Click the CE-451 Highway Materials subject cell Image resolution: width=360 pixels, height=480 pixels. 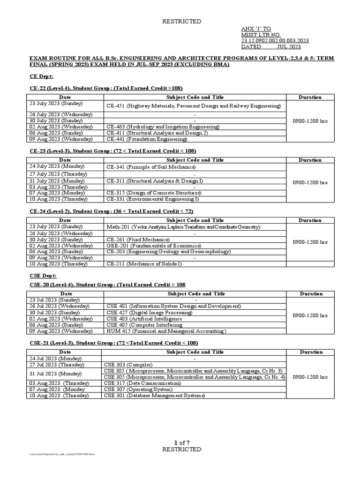click(x=194, y=106)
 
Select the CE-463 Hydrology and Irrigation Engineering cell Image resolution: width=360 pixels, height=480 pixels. click(x=162, y=127)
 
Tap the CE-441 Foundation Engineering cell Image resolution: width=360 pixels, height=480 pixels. click(x=146, y=139)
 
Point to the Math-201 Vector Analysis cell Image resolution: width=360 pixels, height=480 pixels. click(x=183, y=227)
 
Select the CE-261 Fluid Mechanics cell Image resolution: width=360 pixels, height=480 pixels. click(x=138, y=239)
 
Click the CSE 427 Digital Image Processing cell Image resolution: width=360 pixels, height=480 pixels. click(x=149, y=312)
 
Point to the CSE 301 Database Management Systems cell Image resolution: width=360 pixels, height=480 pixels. click(x=155, y=396)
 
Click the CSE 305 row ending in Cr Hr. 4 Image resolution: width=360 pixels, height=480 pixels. click(x=194, y=377)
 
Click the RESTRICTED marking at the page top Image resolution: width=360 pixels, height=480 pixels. click(x=181, y=22)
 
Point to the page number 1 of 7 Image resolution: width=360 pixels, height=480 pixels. click(x=181, y=443)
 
